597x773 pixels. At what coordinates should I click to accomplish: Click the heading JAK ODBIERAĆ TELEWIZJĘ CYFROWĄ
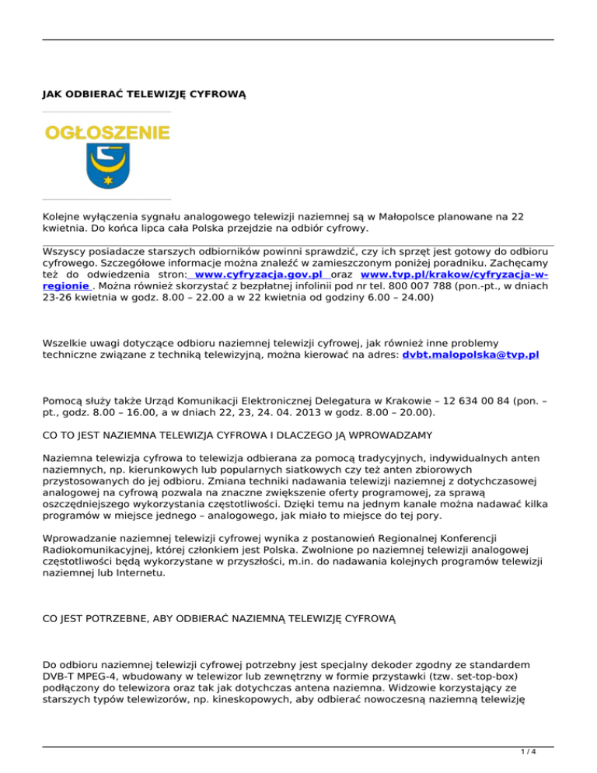coord(144,95)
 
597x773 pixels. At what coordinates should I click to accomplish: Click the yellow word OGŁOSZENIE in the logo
coord(106,133)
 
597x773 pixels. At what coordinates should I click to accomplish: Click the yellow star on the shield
coord(106,180)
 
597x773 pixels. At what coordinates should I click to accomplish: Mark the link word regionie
coord(66,285)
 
